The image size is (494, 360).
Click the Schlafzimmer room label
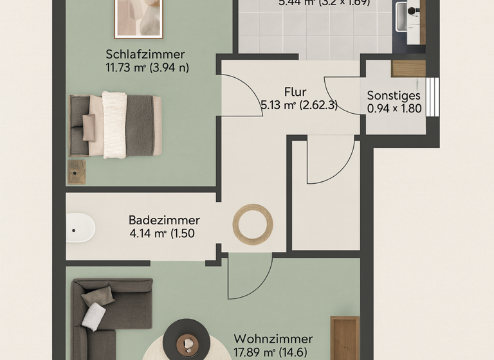click(x=145, y=54)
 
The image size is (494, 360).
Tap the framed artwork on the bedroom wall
click(x=138, y=18)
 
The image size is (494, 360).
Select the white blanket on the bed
click(x=114, y=125)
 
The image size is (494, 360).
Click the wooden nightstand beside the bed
click(x=77, y=172)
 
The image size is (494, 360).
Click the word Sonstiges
click(x=394, y=96)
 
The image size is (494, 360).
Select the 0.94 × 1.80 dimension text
click(x=394, y=109)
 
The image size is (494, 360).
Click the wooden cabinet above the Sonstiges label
click(x=408, y=68)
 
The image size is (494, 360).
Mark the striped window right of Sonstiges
click(x=433, y=97)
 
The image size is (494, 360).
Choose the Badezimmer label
click(x=164, y=220)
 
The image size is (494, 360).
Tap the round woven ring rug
click(x=253, y=224)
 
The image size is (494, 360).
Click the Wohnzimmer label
click(x=273, y=339)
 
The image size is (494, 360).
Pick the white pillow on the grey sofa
click(x=94, y=316)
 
